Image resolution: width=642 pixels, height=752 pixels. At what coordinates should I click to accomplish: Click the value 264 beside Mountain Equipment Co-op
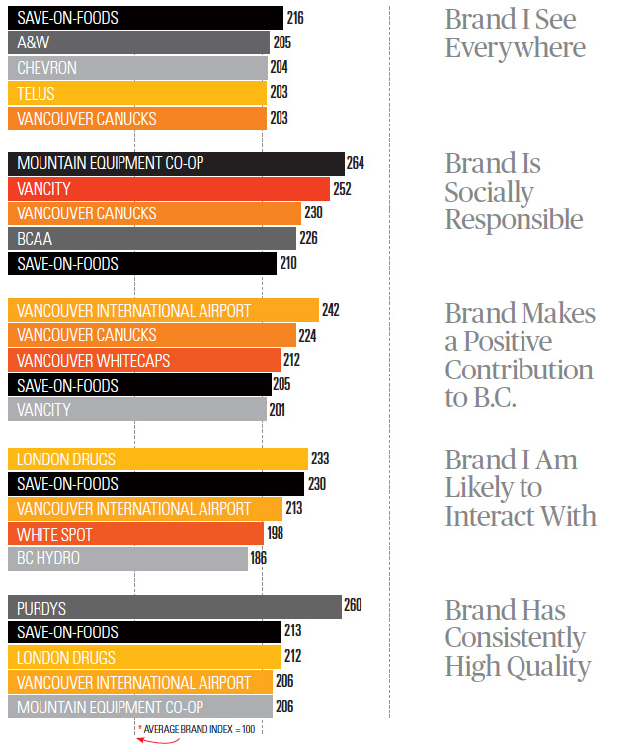(x=356, y=163)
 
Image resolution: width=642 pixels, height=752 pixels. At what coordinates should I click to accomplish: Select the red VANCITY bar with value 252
(x=168, y=189)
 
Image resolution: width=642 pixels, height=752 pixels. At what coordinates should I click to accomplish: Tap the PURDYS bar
(x=174, y=608)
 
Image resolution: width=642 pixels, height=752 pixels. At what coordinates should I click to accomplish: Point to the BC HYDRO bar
(x=127, y=558)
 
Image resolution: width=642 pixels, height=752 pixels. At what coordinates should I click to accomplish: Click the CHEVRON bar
(x=137, y=68)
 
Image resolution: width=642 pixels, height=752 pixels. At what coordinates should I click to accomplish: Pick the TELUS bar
(x=137, y=94)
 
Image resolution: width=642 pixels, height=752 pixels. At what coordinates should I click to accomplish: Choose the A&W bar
(x=138, y=42)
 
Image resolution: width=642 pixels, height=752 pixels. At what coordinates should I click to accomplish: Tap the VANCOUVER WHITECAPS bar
(x=144, y=361)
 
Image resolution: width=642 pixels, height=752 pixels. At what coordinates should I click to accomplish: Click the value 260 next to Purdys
(x=353, y=606)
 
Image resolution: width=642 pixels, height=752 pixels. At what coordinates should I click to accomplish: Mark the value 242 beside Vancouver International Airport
(x=331, y=311)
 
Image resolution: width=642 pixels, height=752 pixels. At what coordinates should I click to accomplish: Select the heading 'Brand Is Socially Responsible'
(x=514, y=192)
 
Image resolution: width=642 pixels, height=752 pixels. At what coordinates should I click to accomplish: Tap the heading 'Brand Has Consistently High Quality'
(x=518, y=638)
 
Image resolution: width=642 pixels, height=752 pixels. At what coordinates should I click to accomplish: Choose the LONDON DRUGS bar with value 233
(x=158, y=460)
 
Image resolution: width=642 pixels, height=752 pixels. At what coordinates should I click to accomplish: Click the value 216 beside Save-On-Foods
(x=295, y=18)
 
